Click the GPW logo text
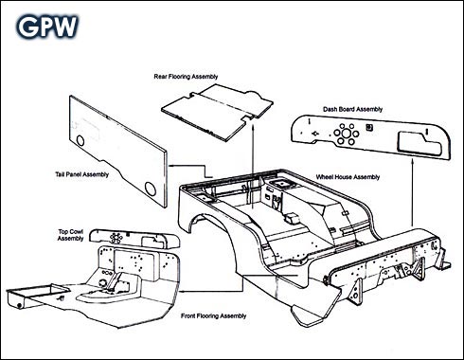click(x=47, y=27)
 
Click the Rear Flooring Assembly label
click(x=186, y=77)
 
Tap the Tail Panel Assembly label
click(x=82, y=174)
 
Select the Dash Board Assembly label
click(x=352, y=109)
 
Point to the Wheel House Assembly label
click(x=348, y=177)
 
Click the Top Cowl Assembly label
click(x=71, y=235)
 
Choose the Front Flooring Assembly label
click(x=214, y=315)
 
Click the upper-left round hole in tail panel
click(x=80, y=140)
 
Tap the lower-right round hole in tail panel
click(x=151, y=189)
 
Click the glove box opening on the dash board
click(x=419, y=144)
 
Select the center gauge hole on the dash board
click(x=346, y=134)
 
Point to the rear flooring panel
click(x=217, y=112)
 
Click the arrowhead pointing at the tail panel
click(x=170, y=165)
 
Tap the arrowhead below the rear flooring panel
click(x=254, y=127)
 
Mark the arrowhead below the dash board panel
click(x=413, y=162)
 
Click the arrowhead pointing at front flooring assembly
click(x=182, y=291)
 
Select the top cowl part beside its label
click(x=134, y=239)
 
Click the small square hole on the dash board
click(x=369, y=127)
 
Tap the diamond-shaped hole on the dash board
click(x=314, y=134)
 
